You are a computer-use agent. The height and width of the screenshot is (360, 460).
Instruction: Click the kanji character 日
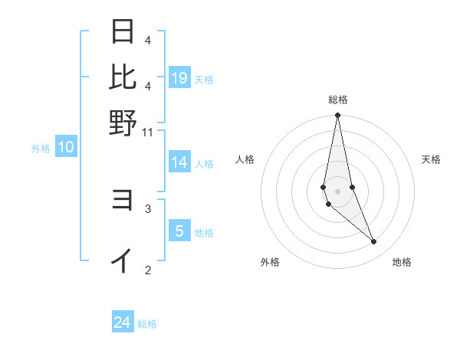(x=123, y=32)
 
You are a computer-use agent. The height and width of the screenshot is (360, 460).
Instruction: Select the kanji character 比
(x=123, y=77)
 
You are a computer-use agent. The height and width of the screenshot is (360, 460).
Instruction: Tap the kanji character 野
(x=123, y=123)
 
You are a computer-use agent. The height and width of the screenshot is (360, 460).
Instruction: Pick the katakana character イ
(x=123, y=260)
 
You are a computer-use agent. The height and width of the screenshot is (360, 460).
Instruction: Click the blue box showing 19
(x=179, y=78)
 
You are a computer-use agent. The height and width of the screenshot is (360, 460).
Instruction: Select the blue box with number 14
(x=179, y=162)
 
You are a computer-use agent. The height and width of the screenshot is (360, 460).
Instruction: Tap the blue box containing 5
(x=179, y=231)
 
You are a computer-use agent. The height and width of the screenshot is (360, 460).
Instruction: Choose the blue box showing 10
(x=65, y=148)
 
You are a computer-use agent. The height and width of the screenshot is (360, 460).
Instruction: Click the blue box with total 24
(x=123, y=323)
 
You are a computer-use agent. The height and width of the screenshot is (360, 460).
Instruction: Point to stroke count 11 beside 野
(x=148, y=133)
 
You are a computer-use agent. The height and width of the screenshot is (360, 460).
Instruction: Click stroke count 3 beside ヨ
(x=148, y=208)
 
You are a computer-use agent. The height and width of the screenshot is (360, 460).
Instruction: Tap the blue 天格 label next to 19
(x=204, y=80)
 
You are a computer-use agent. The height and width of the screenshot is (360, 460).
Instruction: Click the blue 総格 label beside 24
(x=147, y=324)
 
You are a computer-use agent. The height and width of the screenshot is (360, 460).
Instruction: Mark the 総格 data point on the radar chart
(x=337, y=116)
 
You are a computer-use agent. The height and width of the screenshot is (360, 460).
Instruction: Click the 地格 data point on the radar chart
(x=374, y=242)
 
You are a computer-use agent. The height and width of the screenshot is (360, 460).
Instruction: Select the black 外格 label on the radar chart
(x=270, y=263)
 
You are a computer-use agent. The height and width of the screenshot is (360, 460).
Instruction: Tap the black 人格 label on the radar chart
(x=245, y=159)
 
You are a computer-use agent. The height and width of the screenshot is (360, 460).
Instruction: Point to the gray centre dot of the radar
(x=337, y=191)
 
